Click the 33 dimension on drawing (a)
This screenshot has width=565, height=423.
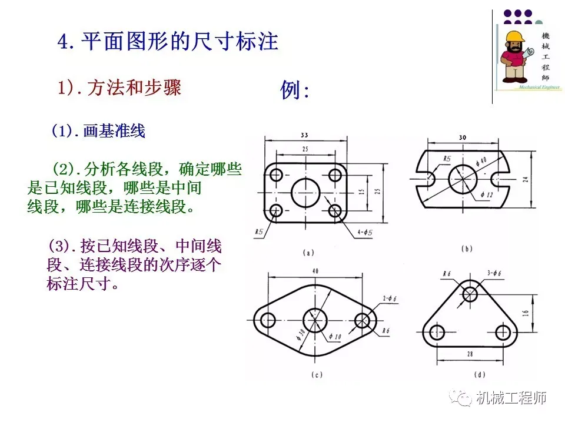(x=304, y=135)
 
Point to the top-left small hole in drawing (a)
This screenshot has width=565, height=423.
(x=275, y=175)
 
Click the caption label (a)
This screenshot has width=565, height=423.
(x=307, y=253)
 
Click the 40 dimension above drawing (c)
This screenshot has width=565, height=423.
(x=315, y=271)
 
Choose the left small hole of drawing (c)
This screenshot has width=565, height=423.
(x=268, y=320)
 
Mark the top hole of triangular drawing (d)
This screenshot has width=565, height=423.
(x=470, y=294)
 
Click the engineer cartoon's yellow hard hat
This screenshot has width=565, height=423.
(x=514, y=38)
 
